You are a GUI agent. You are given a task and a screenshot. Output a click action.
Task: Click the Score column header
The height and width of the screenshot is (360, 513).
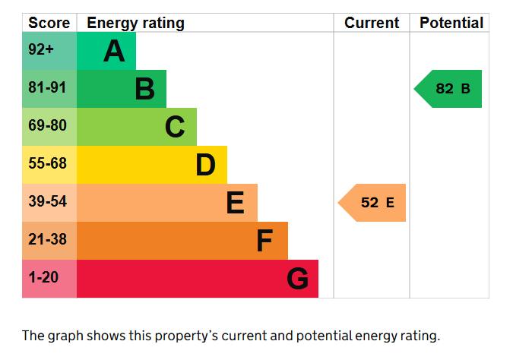[x=49, y=23]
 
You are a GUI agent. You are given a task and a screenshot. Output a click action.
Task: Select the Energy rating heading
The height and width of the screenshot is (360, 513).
[x=136, y=24]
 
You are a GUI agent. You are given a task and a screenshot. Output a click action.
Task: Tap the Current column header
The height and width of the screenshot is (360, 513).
[x=372, y=23]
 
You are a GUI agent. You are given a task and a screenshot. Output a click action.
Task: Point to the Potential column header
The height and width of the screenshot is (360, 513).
[x=451, y=23]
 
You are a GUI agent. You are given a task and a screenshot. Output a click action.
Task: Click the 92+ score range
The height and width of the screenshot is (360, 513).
[x=41, y=49]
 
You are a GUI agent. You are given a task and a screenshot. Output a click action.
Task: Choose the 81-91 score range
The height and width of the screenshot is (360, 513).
[x=47, y=87]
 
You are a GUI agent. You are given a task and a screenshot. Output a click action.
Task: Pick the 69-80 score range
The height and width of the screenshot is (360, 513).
[x=47, y=125]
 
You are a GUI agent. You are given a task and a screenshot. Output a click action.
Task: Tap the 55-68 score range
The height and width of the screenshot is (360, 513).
[x=47, y=163]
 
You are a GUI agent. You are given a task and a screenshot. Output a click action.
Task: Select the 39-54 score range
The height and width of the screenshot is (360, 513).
[x=47, y=201]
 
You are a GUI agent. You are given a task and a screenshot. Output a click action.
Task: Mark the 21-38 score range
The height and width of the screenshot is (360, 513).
[x=47, y=239]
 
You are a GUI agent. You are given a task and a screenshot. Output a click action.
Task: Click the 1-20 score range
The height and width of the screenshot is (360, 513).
[x=43, y=277]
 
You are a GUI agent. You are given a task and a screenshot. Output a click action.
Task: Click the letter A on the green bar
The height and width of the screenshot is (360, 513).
[x=114, y=51]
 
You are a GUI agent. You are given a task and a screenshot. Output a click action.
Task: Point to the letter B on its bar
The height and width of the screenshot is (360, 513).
[x=144, y=89]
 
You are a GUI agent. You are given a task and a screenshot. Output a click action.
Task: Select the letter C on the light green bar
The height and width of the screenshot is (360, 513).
[x=175, y=127]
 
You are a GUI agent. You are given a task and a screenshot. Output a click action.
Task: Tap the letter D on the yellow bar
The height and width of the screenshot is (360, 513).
[x=206, y=165]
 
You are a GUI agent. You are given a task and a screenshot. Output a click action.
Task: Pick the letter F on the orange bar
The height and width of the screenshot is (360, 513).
[x=264, y=240]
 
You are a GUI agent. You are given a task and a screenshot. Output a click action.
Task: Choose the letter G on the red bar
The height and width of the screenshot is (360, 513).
[x=297, y=278]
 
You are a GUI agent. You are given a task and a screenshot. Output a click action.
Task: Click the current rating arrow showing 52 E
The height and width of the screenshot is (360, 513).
[x=372, y=203]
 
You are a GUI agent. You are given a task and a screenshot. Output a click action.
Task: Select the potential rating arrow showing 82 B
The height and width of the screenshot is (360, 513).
[x=448, y=89]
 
